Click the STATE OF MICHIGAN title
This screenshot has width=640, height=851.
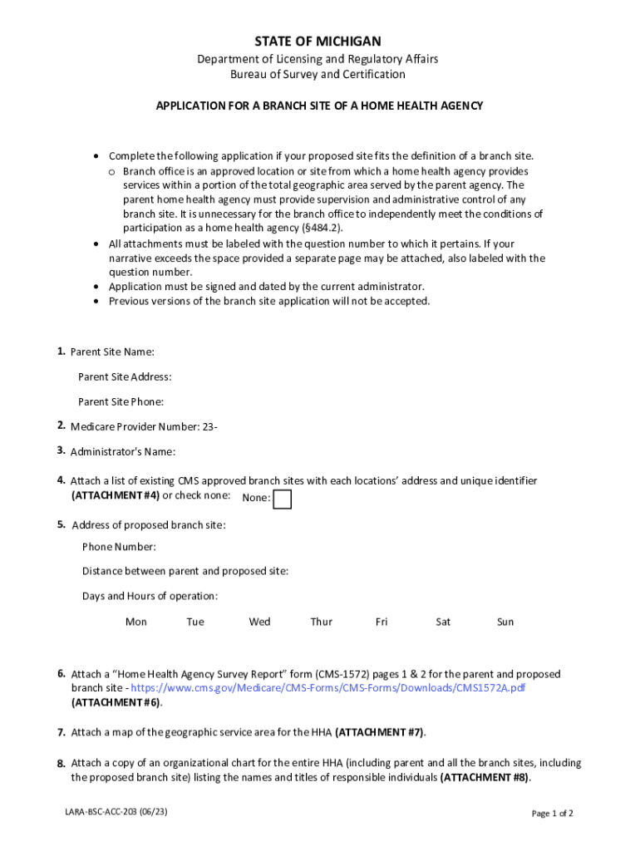[x=318, y=41]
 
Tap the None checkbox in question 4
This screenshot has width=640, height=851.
[x=283, y=499]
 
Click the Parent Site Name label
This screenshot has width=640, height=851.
[x=112, y=352]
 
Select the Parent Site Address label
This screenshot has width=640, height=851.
[x=125, y=377]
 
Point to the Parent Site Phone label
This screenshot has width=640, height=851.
[x=121, y=402]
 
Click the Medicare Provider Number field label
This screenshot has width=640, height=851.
[x=145, y=427]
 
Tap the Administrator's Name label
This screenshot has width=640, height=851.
[x=123, y=452]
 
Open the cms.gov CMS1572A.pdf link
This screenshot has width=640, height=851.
[x=327, y=689]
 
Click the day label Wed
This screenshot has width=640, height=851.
[x=259, y=622]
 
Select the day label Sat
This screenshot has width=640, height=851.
[x=443, y=622]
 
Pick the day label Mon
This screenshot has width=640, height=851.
[x=136, y=622]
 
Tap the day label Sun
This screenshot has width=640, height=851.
[x=505, y=622]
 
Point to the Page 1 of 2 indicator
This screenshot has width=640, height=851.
[x=553, y=814]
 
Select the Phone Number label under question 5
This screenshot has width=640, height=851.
[x=119, y=547]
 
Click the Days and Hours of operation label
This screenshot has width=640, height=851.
[x=150, y=597]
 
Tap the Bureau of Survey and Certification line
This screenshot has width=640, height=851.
[x=318, y=75]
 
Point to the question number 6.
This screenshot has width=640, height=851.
[x=62, y=673]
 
